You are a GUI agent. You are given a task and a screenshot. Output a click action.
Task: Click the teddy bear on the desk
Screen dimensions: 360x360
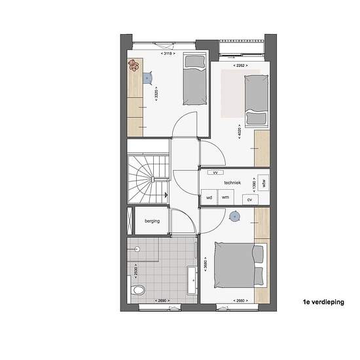coord(134,65)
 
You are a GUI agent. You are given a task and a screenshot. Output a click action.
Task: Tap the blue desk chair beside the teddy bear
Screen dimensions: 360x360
coord(150,78)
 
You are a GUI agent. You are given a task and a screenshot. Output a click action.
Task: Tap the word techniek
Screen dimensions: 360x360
coord(232,184)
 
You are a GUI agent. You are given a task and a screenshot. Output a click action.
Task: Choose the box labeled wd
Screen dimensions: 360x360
coord(209,197)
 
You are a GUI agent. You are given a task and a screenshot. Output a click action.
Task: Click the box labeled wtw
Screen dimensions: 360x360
coord(264,183)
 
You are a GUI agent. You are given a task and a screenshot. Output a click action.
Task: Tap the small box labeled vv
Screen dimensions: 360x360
coord(214,173)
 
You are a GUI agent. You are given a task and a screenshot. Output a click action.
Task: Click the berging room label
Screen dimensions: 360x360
coord(152,221)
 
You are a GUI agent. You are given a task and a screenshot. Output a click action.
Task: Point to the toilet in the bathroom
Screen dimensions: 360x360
coord(138,290)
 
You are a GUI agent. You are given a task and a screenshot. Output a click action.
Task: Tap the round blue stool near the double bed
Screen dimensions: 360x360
coord(235,215)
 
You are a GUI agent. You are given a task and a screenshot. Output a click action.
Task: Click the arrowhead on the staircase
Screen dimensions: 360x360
coord(168,195)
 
